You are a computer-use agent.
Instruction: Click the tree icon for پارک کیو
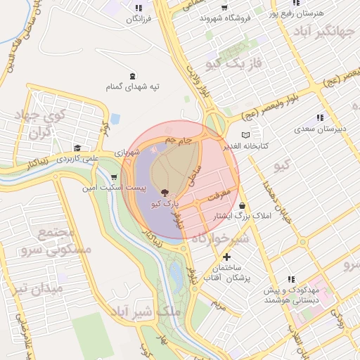[165, 191]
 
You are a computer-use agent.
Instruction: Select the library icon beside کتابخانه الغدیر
[245, 135]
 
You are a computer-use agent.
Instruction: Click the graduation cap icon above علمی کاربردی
[77, 148]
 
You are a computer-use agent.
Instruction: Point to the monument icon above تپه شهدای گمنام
[132, 76]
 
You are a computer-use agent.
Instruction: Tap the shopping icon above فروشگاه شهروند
[224, 7]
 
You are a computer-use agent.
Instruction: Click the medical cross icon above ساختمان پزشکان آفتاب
[226, 257]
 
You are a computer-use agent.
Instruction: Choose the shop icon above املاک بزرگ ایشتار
[242, 205]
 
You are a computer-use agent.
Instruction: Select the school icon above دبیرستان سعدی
[321, 118]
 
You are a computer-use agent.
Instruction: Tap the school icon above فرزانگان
[138, 8]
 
